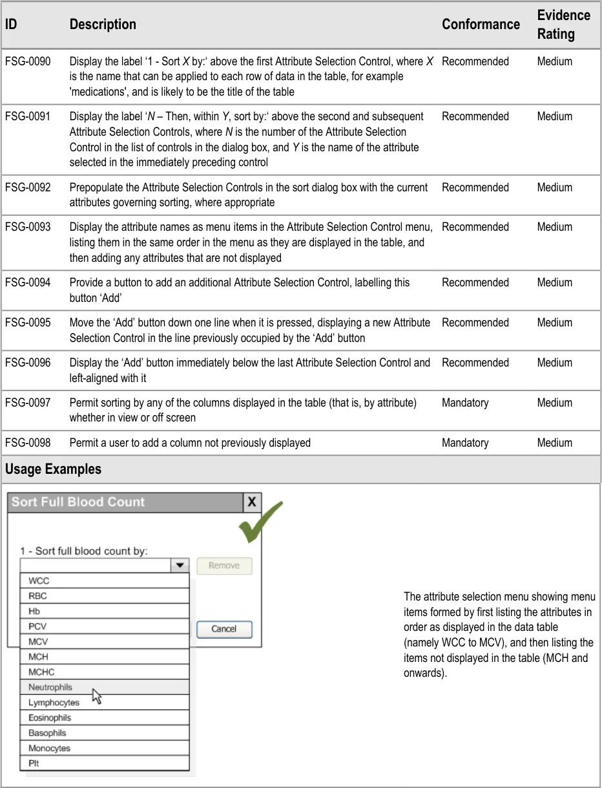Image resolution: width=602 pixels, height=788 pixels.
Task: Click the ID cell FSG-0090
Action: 28,61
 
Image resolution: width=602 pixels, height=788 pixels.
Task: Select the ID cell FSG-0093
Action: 28,227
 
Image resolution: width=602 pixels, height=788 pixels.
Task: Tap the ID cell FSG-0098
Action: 28,443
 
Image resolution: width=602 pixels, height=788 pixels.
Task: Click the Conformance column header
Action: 481,25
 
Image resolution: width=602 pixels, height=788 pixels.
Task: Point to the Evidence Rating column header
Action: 563,25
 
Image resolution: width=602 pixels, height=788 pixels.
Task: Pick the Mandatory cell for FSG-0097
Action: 465,403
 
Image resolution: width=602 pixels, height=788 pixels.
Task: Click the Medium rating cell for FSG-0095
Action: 554,323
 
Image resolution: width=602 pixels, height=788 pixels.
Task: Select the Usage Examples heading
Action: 53,469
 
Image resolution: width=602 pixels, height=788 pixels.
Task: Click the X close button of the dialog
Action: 252,502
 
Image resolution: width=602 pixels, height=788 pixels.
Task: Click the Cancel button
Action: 224,629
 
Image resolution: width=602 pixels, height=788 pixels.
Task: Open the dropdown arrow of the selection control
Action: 179,566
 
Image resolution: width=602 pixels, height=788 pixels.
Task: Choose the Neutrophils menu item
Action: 50,687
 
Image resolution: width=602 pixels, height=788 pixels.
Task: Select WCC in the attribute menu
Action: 39,581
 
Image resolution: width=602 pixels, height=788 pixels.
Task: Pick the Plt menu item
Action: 34,763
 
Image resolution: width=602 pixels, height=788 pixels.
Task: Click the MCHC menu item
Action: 41,672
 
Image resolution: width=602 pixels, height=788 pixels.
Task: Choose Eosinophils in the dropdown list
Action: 50,718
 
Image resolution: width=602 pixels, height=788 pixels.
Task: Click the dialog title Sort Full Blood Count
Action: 78,502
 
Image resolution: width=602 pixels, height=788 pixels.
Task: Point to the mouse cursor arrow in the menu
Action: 97,696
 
